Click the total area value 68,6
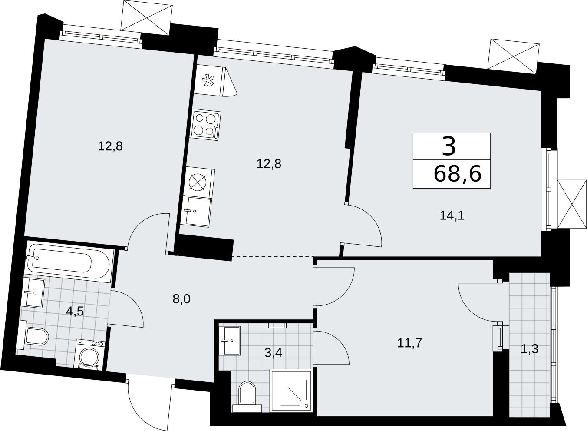point(458,174)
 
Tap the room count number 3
point(449,147)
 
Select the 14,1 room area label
point(452,215)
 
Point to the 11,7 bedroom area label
point(409,343)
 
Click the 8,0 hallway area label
point(181,299)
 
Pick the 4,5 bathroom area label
point(75,312)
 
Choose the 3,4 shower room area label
point(274,353)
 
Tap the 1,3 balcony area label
point(529,349)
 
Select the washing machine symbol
point(89,355)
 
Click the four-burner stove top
point(206,125)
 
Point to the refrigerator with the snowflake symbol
point(215,82)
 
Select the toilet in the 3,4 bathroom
point(247,398)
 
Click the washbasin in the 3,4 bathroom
point(230,341)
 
